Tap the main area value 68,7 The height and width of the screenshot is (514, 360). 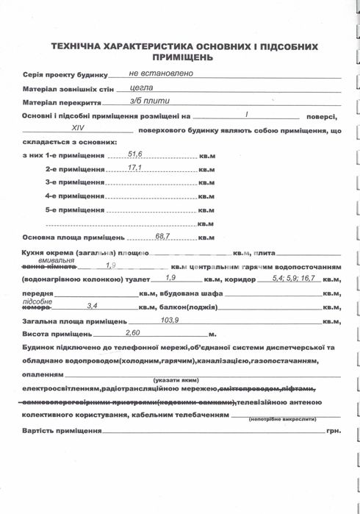(162, 236)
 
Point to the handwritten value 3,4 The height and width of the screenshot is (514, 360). (93, 305)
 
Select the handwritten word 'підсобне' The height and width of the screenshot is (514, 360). (37, 301)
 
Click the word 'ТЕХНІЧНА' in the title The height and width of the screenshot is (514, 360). (80, 46)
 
